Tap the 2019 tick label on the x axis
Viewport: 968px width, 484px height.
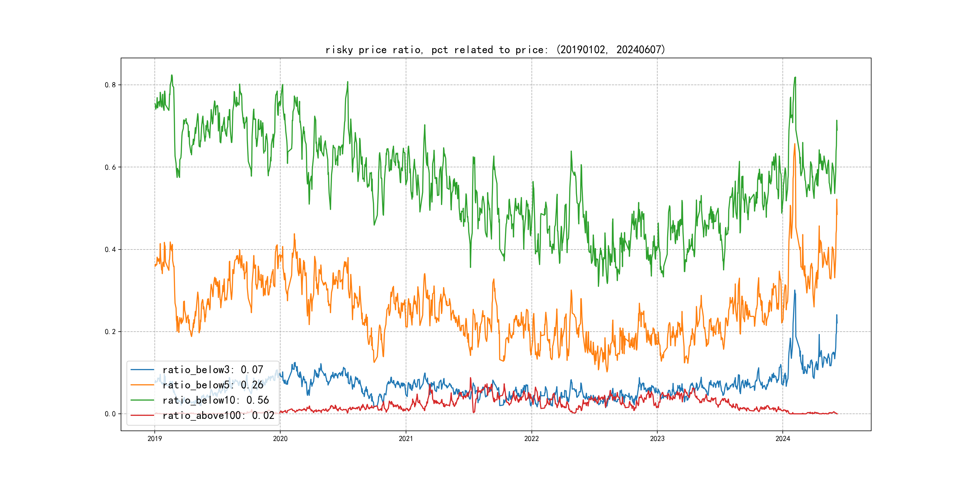coord(154,439)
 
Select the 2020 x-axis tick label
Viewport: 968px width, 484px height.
coord(280,439)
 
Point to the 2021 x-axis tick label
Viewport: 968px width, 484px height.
coord(406,439)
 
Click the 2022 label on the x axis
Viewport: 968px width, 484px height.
coord(531,439)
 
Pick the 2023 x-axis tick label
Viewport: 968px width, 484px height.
coord(657,439)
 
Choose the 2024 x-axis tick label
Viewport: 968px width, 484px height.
coord(783,439)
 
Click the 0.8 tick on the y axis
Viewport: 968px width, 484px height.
coord(110,85)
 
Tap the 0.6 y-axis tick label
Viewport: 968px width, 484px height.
coord(110,167)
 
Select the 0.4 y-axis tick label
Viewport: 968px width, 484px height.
coord(110,249)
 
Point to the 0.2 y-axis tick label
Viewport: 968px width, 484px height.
coord(110,332)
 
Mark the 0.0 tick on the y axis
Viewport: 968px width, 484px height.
coord(110,414)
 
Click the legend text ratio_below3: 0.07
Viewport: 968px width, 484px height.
coord(213,370)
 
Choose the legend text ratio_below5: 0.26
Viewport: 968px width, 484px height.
coord(213,385)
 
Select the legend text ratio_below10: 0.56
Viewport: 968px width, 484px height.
coord(216,400)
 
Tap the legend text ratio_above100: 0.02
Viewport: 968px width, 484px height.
coord(218,415)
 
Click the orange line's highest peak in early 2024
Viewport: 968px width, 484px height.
coord(795,144)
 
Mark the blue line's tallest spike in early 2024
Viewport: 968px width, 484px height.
coord(794,290)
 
